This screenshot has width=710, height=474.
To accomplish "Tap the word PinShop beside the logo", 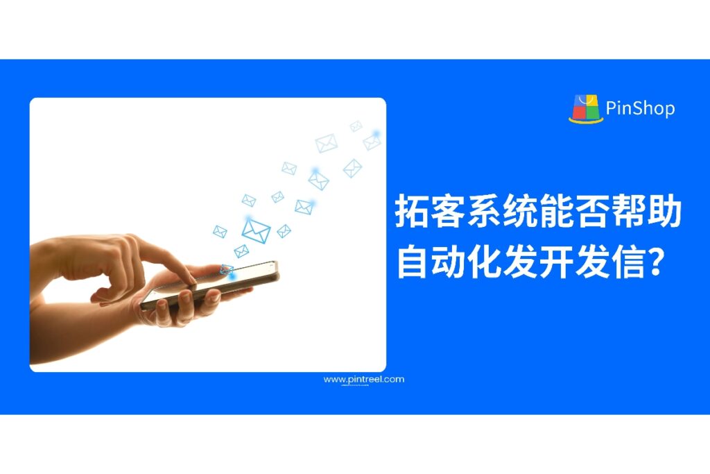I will click(639, 109).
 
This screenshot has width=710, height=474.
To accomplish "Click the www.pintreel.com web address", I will click(363, 380).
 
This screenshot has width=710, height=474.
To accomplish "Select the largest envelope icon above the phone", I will click(256, 230).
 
